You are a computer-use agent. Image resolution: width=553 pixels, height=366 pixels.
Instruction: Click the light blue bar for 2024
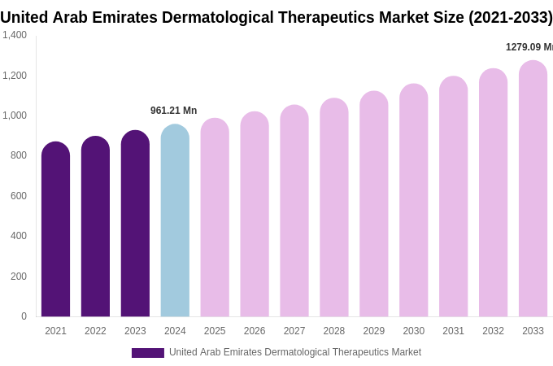click(175, 221)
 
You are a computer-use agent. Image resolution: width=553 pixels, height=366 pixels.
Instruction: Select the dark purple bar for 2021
click(55, 229)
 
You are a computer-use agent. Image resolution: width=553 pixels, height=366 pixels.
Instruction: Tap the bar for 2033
click(533, 189)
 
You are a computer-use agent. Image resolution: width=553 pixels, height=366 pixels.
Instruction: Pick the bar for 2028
click(334, 207)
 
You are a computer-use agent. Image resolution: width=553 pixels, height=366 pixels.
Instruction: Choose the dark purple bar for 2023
click(135, 224)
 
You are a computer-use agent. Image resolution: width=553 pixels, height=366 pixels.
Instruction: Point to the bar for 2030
click(413, 200)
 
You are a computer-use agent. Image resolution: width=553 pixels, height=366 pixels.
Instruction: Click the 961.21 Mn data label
click(173, 111)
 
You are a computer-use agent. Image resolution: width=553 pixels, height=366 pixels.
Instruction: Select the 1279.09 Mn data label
click(529, 47)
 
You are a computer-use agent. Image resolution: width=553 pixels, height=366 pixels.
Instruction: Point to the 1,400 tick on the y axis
click(15, 35)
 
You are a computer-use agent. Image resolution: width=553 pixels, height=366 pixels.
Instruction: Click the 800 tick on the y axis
click(19, 155)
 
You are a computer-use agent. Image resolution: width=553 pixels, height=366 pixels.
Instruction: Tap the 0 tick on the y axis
click(24, 316)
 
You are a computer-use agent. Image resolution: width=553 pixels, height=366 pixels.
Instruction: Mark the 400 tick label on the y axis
click(19, 236)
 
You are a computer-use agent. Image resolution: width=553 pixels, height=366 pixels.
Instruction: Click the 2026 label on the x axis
click(255, 331)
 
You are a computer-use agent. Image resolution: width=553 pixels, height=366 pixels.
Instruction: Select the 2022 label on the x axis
click(95, 331)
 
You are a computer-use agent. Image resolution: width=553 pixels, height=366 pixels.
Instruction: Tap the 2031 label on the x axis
click(453, 331)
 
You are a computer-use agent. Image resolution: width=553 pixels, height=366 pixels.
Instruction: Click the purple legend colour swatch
click(148, 353)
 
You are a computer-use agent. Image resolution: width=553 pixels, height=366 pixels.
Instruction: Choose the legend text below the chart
click(295, 352)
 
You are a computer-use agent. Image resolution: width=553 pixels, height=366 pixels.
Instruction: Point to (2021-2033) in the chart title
click(510, 17)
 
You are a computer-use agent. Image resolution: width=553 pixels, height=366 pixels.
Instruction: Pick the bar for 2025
click(215, 218)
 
